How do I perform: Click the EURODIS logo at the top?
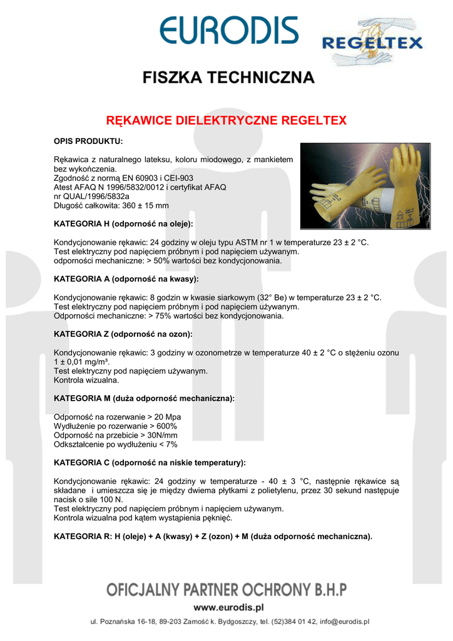tap(228, 31)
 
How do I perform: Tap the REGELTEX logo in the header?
tap(372, 43)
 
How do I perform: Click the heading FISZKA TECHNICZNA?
tap(228, 78)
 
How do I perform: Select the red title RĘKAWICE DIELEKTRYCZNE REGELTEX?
tap(226, 120)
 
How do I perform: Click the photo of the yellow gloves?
tap(365, 186)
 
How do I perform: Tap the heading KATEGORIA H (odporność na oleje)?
tap(123, 223)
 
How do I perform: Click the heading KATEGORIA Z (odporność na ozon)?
tap(123, 334)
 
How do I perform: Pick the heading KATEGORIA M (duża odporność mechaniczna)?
tap(144, 398)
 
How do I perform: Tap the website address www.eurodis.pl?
tap(228, 607)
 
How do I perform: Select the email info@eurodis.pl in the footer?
tap(344, 622)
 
